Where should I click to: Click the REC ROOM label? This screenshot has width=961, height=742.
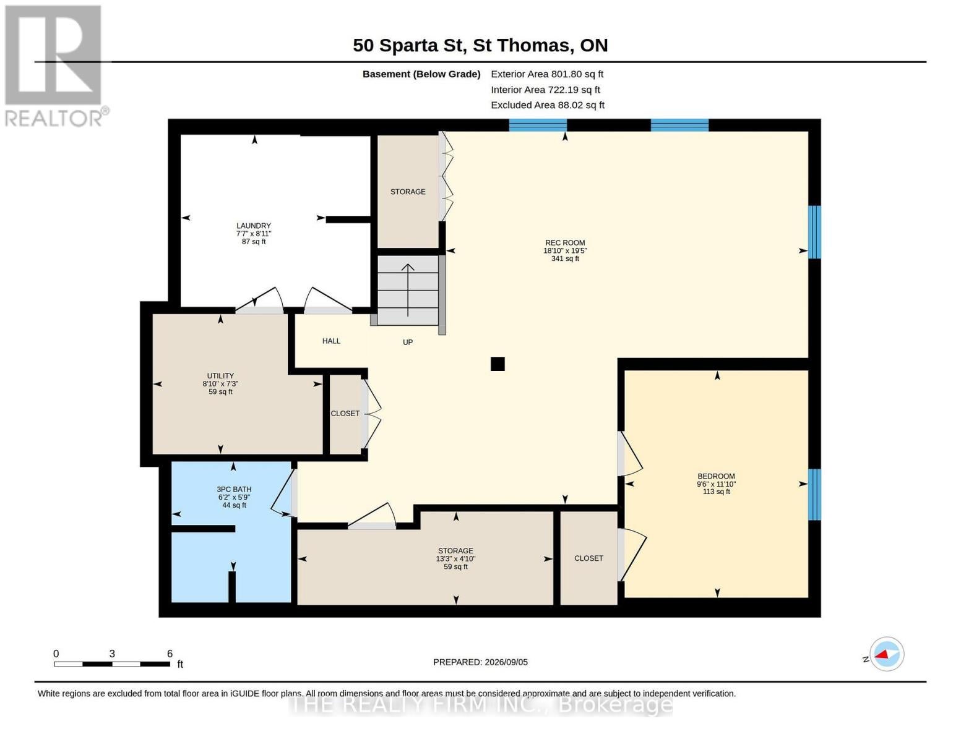[x=565, y=242]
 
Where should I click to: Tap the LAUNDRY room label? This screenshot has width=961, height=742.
[x=254, y=226]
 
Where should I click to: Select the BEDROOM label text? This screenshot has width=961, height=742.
[x=716, y=476]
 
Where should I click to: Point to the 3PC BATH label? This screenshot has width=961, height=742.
[x=234, y=489]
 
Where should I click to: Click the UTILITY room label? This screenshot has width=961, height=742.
[x=220, y=376]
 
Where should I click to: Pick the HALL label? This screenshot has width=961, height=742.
[x=331, y=341]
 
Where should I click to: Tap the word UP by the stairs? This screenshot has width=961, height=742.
[x=408, y=342]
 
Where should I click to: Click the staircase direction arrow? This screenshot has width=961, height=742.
[x=408, y=290]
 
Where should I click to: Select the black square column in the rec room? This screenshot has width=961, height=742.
[x=498, y=364]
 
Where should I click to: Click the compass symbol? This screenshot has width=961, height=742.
[x=887, y=654]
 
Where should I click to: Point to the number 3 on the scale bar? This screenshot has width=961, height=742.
[x=112, y=654]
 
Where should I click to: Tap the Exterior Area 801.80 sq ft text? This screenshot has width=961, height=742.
[x=547, y=74]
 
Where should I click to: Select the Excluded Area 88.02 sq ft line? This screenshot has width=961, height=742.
[x=548, y=104]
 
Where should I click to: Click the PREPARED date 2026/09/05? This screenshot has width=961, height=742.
[x=506, y=662]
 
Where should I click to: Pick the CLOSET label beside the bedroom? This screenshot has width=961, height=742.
[x=588, y=558]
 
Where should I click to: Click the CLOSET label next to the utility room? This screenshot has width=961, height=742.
[x=345, y=413]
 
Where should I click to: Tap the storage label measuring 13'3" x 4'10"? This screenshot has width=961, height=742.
[x=455, y=551]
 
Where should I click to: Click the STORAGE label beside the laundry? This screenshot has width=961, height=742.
[x=408, y=191]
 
